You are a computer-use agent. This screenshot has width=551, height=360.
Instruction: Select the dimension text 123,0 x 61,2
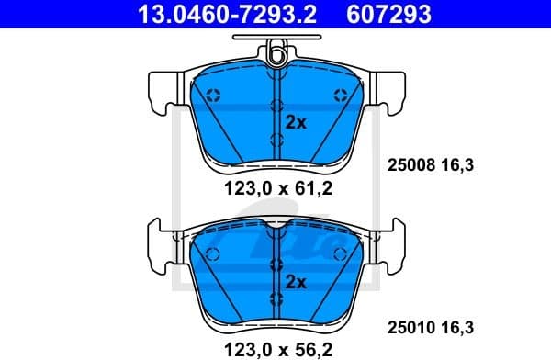(x=275, y=190)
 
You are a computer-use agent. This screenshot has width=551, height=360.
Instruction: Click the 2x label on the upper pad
(x=296, y=122)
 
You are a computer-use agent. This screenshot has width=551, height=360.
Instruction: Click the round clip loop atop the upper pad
(x=276, y=58)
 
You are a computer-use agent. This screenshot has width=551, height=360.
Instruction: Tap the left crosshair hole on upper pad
(x=212, y=96)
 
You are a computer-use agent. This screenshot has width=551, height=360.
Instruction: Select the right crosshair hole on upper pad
(x=341, y=96)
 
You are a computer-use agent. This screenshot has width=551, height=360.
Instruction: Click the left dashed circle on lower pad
(x=212, y=253)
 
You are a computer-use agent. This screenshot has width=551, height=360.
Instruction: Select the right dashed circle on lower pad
(x=341, y=253)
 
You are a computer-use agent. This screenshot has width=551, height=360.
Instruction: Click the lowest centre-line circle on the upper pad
(x=276, y=139)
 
